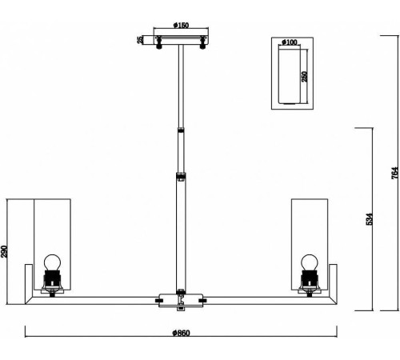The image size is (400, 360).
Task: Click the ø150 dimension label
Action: [x=181, y=26]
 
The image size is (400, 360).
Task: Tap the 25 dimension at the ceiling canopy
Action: [x=140, y=40]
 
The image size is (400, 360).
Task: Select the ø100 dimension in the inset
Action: [x=290, y=42]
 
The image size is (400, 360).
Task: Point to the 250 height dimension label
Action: [x=304, y=77]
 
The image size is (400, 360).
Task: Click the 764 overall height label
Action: [x=395, y=173]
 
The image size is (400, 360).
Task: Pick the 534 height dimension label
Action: [x=369, y=219]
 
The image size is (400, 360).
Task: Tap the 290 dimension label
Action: [x=4, y=251]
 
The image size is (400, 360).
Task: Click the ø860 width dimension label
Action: [x=181, y=333]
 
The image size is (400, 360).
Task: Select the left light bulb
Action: [x=52, y=262]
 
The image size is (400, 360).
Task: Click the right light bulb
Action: [x=310, y=262]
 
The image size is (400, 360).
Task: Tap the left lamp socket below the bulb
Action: [x=52, y=282]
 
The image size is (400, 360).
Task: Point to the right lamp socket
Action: [x=310, y=282]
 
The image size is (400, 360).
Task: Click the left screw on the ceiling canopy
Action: [x=159, y=42]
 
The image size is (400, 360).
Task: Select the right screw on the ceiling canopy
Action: [x=203, y=42]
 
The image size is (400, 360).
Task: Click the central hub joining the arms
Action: [x=181, y=301]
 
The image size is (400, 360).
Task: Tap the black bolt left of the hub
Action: [x=160, y=301]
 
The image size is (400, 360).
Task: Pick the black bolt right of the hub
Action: [x=202, y=301]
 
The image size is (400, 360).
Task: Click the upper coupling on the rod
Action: [x=181, y=130]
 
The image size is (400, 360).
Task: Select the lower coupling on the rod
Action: [x=181, y=176]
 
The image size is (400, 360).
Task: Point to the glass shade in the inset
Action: [x=289, y=74]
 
